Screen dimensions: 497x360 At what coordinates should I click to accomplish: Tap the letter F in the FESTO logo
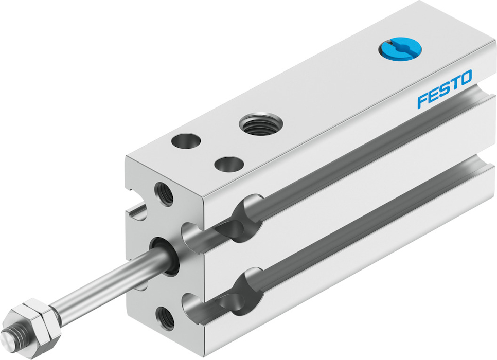click(422, 101)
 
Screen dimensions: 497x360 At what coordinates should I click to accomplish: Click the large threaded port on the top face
click(261, 124)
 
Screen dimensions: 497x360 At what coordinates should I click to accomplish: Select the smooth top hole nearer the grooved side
click(229, 164)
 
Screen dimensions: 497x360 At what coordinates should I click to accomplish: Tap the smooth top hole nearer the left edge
click(186, 141)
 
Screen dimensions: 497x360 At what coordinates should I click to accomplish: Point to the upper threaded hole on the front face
click(164, 194)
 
